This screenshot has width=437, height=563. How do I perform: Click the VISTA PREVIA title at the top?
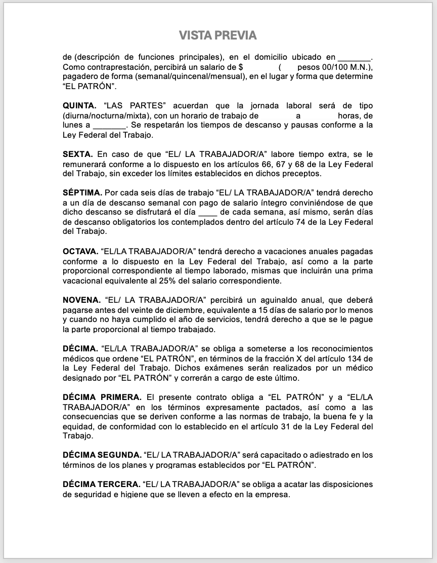(218, 35)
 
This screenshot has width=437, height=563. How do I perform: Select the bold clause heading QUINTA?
(79, 106)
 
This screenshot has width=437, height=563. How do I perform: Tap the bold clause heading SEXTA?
(77, 154)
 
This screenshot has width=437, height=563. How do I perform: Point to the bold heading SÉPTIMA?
(82, 193)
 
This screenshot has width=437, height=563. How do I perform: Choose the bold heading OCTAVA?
(80, 251)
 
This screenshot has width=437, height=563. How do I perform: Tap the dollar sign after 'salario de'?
(241, 67)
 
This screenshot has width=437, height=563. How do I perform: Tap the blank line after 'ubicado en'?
(354, 57)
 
